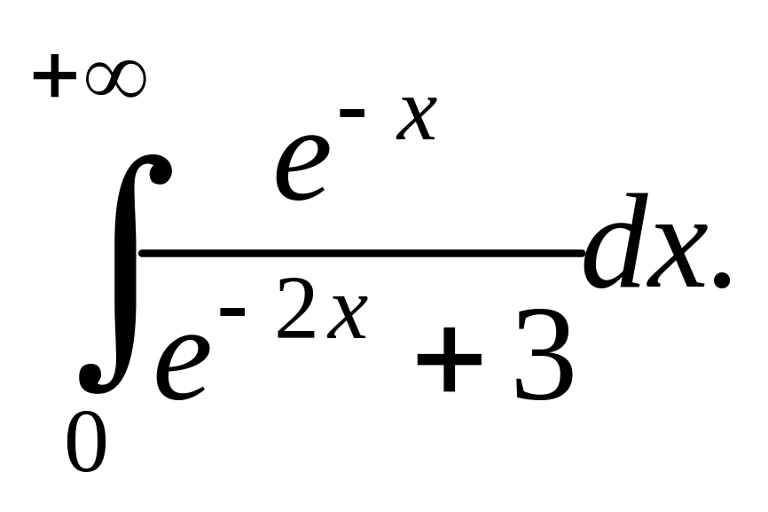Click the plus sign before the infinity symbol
tap(54, 79)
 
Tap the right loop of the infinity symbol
tap(129, 79)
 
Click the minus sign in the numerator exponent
tap(352, 114)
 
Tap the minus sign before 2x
tap(232, 311)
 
